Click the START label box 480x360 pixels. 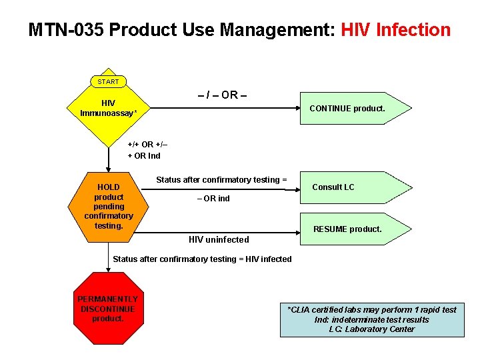pos(108,81)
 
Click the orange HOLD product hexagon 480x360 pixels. pos(109,206)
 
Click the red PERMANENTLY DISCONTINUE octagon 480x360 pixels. pos(108,309)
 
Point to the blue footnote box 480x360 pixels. pos(371,319)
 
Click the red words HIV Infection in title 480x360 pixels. pos(396,30)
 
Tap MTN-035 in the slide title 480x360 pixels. pos(66,30)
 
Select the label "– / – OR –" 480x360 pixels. pos(222,95)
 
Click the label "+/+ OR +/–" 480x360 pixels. pos(147,145)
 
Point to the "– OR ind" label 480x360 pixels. pos(213,199)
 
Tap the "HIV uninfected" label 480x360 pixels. pos(219,239)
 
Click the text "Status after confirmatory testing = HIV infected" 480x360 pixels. pos(202,259)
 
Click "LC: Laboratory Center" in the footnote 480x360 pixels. pos(371,329)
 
